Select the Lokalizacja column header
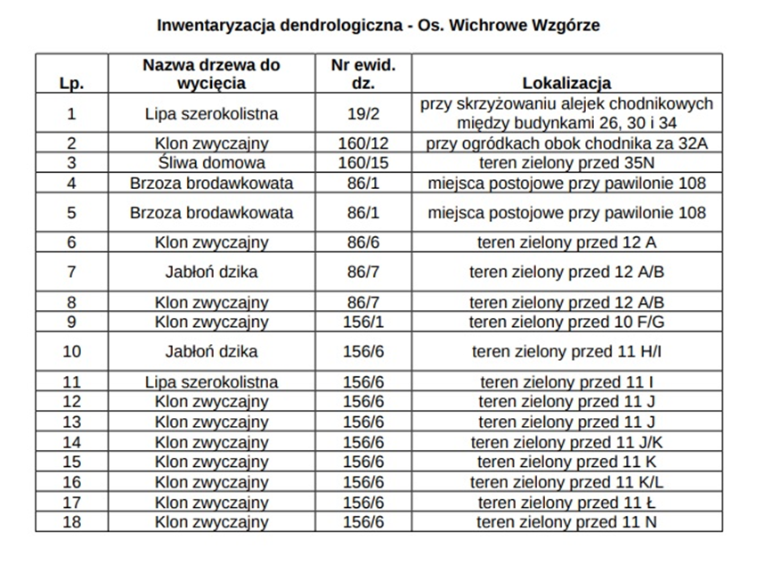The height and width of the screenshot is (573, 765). coord(566,84)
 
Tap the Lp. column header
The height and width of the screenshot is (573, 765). coord(71,84)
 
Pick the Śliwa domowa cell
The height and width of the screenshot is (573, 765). coord(211,163)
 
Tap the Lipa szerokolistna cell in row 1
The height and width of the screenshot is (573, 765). coord(211,113)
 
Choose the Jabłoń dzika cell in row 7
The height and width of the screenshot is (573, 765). coord(211,272)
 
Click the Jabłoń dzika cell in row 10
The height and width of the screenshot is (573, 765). coord(211,351)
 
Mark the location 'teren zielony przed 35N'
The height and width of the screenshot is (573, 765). coord(566,163)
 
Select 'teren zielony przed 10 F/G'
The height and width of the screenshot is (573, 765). coord(566,322)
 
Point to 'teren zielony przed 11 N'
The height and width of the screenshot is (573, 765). coord(566,522)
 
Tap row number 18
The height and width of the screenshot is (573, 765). coord(71,522)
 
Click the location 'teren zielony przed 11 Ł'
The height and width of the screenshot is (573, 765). coord(566,503)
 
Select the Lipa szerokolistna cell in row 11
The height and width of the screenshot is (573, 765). coord(211,382)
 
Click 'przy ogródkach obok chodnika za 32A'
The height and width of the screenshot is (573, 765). coord(566,143)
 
